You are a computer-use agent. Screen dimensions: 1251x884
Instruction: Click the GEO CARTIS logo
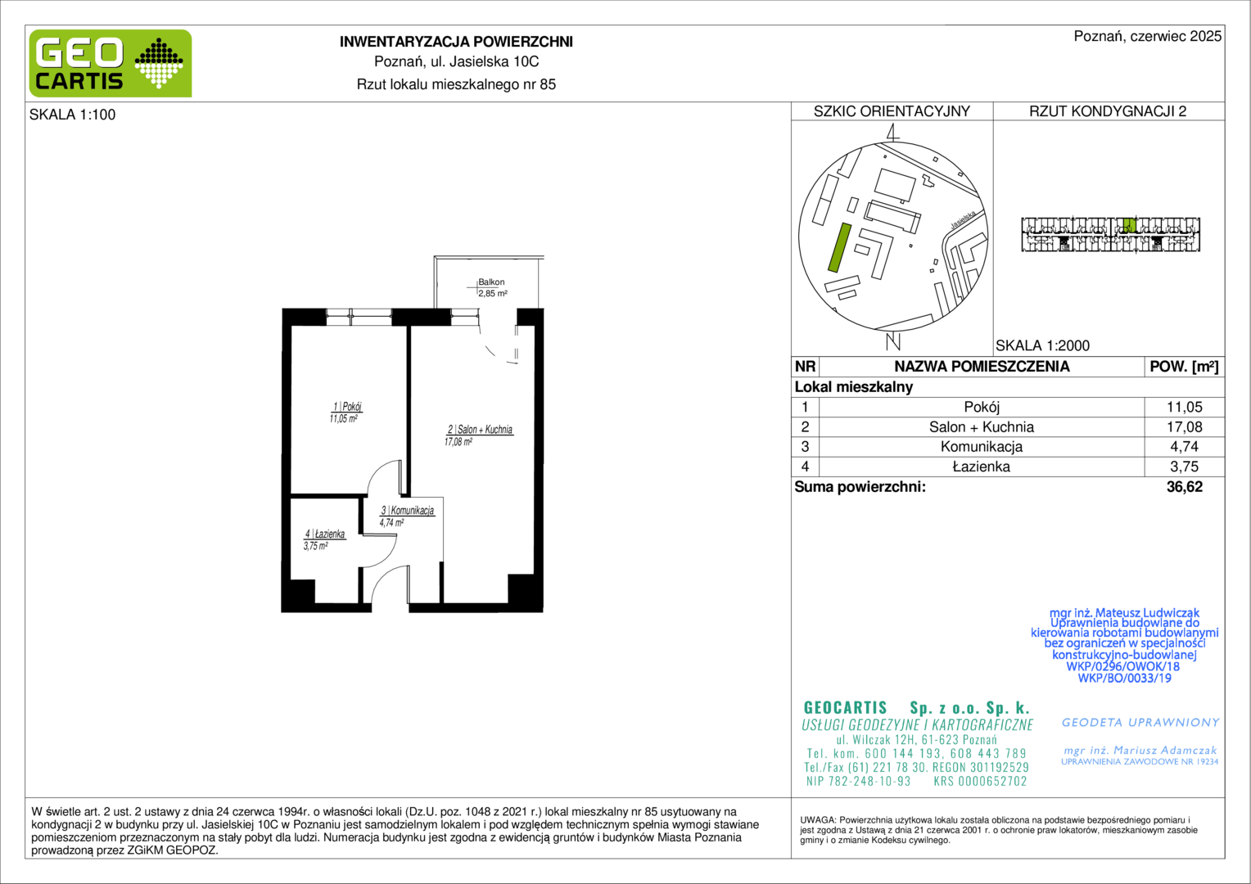pos(111,63)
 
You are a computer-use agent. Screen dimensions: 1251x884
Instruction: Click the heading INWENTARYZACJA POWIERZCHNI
pos(456,42)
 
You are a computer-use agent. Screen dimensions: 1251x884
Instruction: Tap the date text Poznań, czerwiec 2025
pos(1148,36)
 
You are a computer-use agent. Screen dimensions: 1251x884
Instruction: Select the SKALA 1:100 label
pos(73,115)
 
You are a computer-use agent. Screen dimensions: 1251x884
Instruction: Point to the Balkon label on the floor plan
pos(491,282)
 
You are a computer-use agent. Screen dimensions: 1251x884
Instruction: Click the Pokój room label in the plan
pos(347,407)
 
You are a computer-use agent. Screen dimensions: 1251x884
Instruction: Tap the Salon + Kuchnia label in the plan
pos(481,430)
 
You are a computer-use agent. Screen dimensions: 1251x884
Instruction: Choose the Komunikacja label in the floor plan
pos(408,511)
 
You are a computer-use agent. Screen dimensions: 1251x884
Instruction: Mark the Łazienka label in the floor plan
pos(325,534)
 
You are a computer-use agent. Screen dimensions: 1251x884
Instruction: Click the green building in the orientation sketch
pos(839,247)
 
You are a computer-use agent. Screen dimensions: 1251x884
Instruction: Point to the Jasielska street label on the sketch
pos(963,219)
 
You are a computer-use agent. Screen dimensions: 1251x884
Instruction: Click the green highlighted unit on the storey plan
pos(1129,225)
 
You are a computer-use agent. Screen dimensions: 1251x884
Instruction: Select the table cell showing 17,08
pos(1184,427)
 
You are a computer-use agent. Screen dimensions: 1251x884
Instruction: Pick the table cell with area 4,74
pos(1184,447)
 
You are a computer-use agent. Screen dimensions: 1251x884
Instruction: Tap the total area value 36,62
pos(1185,487)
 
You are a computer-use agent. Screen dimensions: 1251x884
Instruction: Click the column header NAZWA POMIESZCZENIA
pos(982,367)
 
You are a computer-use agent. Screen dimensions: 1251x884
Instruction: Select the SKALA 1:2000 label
pos(1043,345)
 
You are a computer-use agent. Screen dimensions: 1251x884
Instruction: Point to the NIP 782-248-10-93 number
pos(858,781)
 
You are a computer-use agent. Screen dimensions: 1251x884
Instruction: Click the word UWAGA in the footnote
pos(818,820)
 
